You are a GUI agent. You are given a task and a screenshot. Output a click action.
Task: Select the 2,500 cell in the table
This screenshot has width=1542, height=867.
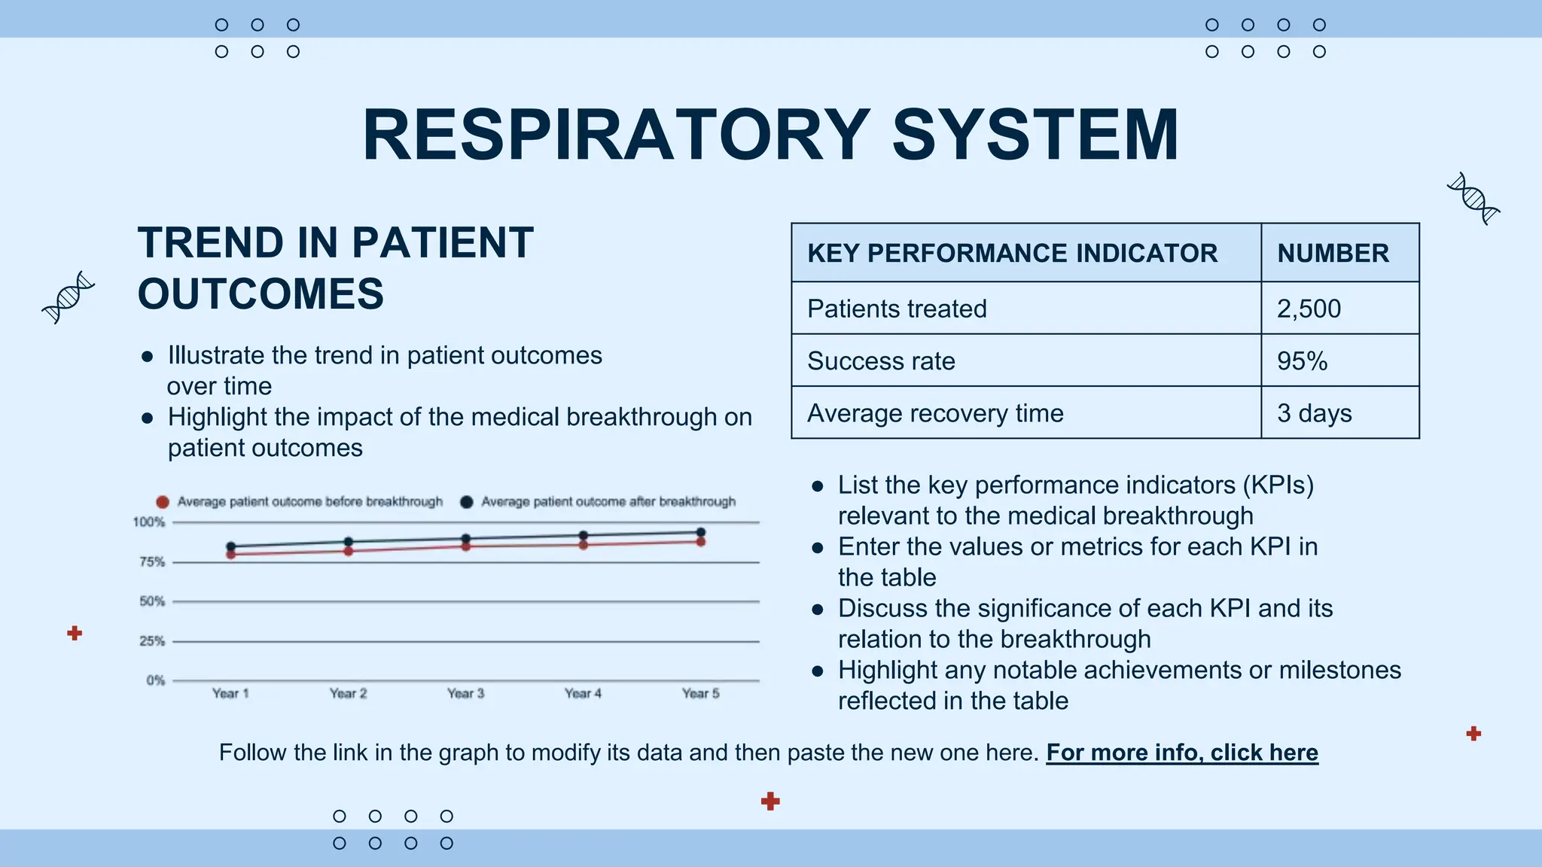point(1309,309)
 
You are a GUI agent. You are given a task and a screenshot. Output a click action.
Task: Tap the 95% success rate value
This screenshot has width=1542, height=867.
point(1302,361)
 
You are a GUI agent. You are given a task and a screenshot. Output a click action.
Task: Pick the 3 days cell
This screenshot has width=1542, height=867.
point(1314,413)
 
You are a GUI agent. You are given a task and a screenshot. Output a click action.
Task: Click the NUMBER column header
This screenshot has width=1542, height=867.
point(1333,254)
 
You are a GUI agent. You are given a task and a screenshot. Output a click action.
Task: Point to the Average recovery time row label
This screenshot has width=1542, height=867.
point(935,413)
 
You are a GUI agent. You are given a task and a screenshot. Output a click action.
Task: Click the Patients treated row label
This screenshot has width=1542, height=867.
point(897,309)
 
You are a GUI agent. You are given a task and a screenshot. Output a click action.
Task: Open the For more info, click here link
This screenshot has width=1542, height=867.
point(1181,753)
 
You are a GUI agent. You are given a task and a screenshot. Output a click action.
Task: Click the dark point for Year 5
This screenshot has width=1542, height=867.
point(701,532)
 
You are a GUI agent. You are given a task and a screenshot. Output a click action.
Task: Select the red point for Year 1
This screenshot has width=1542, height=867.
point(231,555)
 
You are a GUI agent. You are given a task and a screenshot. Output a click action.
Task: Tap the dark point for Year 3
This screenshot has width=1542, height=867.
point(466,539)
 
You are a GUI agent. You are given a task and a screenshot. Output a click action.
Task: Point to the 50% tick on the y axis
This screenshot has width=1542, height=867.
point(151,601)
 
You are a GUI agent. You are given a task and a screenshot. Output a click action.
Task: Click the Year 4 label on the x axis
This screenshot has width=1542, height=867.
point(583,694)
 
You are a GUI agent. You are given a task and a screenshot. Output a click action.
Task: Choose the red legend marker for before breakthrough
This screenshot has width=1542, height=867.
point(163,502)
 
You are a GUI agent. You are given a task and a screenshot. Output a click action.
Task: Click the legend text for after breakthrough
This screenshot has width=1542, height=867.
point(608,502)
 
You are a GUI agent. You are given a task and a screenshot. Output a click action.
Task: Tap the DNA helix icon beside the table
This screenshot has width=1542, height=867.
point(1473,199)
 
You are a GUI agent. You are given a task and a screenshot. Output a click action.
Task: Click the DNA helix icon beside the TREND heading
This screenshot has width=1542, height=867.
point(69,297)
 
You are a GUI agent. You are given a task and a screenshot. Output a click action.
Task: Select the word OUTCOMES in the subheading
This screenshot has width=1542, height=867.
point(261,294)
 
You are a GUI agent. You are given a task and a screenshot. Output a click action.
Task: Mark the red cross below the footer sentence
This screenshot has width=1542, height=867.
point(770,801)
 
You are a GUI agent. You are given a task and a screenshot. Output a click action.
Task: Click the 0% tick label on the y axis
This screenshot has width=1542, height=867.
point(155,680)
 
